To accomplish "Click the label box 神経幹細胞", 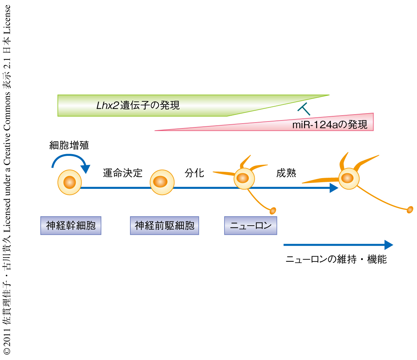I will (71, 226).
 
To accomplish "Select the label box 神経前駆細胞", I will (164, 226).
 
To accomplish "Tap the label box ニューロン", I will (251, 226).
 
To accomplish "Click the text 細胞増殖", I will (69, 145).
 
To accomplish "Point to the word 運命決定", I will (123, 173).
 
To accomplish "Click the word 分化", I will (194, 173).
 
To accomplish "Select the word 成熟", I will (286, 173).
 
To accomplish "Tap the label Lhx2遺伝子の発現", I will (138, 106).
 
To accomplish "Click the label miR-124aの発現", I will (329, 124).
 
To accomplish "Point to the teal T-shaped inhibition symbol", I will (304, 109).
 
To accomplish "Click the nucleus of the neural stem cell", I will (69, 182).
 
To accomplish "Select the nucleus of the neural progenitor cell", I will (161, 182).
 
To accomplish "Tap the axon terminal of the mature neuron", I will (410, 209).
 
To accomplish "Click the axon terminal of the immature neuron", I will (273, 210).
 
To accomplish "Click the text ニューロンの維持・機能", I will (336, 259).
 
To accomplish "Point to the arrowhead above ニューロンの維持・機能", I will (389, 245).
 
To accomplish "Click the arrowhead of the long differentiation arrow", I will (334, 188).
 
